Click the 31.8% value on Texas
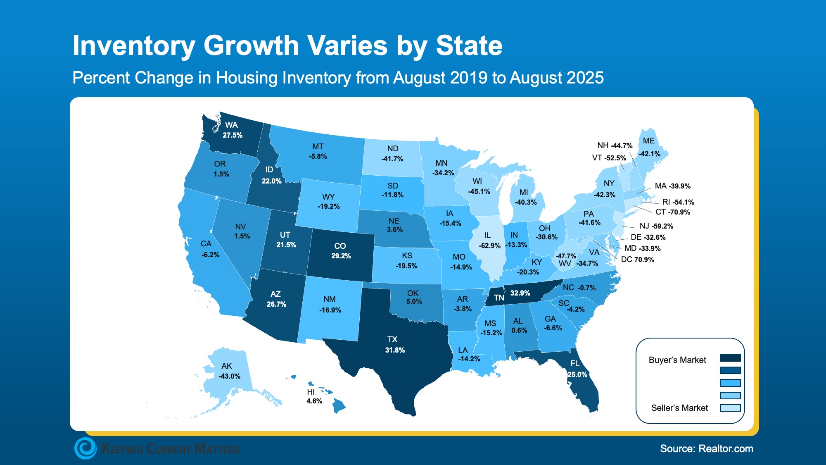point(395,350)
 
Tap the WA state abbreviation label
point(231,125)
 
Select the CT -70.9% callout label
point(672,212)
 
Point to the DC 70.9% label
point(637,260)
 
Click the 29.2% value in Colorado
point(341,256)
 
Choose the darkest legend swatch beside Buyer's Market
point(730,358)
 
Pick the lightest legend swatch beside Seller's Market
point(730,408)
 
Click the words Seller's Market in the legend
point(679,408)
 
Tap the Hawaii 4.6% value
point(314,401)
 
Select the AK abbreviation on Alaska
point(226,366)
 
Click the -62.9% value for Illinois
point(489,246)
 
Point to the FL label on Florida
point(574,363)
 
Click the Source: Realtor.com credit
point(706,448)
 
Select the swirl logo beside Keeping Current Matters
point(85,448)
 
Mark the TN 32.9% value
point(520,293)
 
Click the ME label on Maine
point(648,141)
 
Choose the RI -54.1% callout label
point(678,202)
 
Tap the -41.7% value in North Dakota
point(392,159)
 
